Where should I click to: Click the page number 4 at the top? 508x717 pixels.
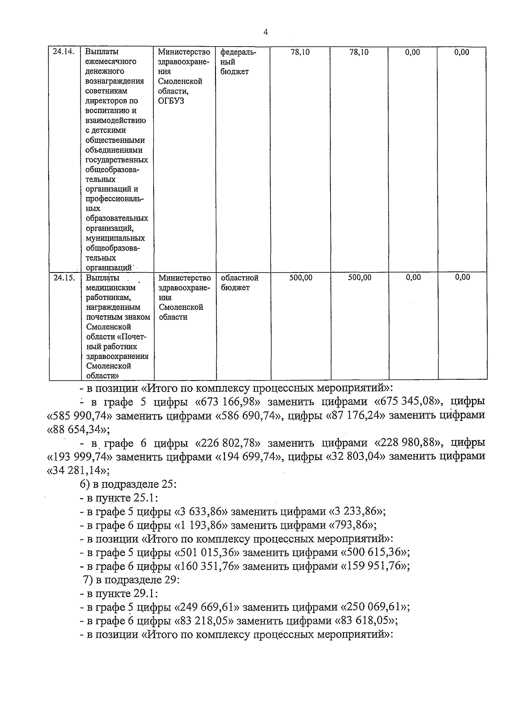pos(265,32)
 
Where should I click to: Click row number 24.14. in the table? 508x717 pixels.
pos(63,52)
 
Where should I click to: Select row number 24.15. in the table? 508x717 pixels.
pos(64,278)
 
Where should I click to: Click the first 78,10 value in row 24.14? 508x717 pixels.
pos(300,52)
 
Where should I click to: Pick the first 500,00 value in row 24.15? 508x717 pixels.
pos(301,278)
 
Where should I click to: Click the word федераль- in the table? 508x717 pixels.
pos(238,52)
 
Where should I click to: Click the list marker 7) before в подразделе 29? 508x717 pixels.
pos(88,580)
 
